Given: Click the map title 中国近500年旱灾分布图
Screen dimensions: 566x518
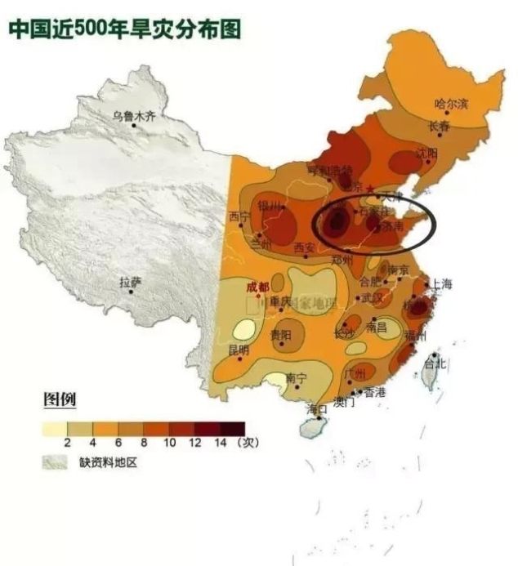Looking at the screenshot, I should coord(125,30).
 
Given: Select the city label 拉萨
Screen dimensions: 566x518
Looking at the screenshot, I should coord(130,283).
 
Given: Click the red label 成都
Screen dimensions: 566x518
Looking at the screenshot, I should coord(257,287).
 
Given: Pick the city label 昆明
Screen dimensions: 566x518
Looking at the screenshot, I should coord(239,350).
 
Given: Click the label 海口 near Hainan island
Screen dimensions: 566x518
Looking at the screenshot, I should coord(316,408).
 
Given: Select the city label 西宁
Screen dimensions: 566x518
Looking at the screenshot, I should coord(239,217).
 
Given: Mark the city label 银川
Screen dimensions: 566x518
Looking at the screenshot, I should coord(269,206).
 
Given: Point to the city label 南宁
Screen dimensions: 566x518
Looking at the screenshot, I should coord(296,378).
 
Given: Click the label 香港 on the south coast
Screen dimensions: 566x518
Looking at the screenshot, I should coord(375,392).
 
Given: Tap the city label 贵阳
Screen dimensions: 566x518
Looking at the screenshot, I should coord(281,335).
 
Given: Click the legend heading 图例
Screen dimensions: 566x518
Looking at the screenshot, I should coord(60,400).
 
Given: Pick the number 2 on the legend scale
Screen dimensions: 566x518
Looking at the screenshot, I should coord(68,442).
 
